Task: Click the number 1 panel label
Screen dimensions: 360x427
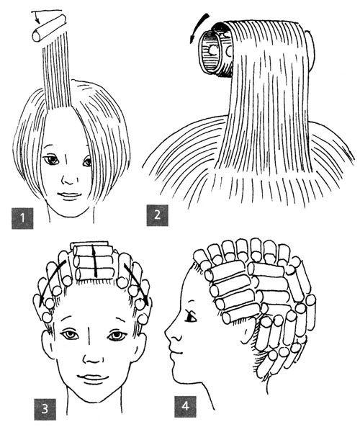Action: click(x=22, y=218)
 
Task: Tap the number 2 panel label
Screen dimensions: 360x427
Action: click(x=157, y=215)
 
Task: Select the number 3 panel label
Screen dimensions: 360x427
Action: click(x=45, y=409)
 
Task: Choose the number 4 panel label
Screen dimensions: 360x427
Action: click(x=185, y=407)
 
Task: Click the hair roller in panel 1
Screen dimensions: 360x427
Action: click(x=49, y=28)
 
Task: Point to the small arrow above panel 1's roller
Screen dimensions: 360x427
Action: click(x=38, y=17)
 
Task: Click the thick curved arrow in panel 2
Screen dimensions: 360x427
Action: click(x=198, y=27)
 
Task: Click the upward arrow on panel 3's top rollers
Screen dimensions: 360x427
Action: click(x=94, y=261)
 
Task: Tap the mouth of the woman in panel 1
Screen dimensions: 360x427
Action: click(x=69, y=195)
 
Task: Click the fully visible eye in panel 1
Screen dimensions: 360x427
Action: click(x=52, y=160)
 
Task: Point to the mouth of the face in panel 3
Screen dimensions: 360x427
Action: click(x=93, y=379)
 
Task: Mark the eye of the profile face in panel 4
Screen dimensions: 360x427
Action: click(x=191, y=317)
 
